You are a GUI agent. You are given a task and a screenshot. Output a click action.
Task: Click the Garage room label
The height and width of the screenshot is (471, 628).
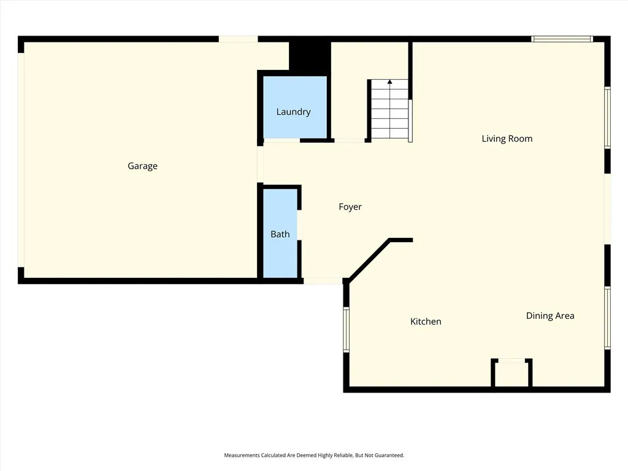tap(142, 166)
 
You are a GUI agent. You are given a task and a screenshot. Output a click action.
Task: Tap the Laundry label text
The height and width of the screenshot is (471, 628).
tap(293, 112)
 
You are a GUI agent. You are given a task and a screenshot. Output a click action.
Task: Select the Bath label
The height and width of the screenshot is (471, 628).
tap(280, 234)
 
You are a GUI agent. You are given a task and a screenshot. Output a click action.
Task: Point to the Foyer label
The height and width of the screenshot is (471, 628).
tap(350, 207)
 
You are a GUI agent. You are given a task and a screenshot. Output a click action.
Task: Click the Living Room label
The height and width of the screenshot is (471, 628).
tap(507, 139)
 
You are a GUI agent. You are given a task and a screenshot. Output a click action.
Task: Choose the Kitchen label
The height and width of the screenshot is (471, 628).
tap(426, 321)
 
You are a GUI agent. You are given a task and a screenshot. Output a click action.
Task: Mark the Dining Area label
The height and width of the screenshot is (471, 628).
tap(550, 316)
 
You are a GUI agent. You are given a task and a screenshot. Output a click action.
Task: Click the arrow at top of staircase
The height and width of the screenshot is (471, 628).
tap(389, 82)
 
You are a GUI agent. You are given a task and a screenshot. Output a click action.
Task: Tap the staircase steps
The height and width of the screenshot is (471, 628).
tap(389, 113)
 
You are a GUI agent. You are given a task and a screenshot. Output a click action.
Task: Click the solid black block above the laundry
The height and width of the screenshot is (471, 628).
tap(310, 56)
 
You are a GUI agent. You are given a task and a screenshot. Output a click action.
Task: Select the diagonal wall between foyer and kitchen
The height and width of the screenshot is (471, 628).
tap(369, 259)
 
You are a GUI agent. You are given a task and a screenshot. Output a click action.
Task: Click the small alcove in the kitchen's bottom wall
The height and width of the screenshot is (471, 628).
tap(511, 374)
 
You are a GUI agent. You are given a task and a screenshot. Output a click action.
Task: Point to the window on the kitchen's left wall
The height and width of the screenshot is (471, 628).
tap(346, 329)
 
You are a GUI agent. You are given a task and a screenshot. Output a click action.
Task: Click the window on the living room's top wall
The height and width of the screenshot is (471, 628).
tap(562, 39)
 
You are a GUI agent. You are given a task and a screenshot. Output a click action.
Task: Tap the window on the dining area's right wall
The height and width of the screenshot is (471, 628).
tap(607, 318)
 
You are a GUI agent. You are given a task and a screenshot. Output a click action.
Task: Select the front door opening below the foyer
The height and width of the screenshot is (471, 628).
tap(323, 281)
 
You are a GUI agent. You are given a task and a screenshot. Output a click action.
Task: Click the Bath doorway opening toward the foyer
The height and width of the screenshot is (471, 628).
tap(299, 224)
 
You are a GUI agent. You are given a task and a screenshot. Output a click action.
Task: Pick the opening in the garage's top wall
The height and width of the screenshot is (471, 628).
tap(238, 39)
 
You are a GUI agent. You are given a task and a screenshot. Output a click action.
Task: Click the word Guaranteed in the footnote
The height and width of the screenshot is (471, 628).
tap(390, 456)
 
